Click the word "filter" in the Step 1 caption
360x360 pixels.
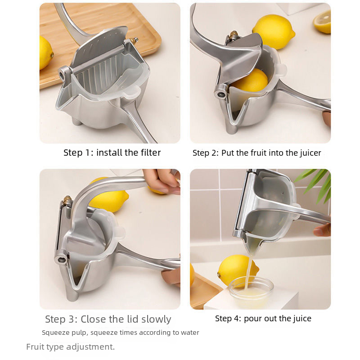148,153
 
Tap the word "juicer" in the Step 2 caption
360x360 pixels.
310,153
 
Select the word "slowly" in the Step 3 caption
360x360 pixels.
156,319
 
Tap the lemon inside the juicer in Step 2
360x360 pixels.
252,81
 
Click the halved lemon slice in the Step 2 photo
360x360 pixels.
322,22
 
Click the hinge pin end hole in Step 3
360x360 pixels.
61,260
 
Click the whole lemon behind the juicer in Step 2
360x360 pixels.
274,31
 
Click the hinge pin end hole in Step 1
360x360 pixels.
62,74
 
